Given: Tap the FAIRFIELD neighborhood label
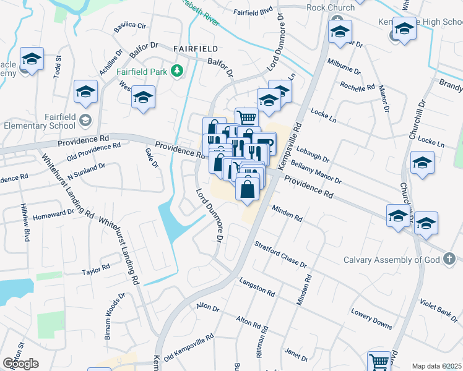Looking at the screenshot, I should [x=195, y=48].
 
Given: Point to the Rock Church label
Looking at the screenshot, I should [x=331, y=7].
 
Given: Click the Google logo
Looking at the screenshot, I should [x=20, y=364].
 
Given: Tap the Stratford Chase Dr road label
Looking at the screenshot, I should [x=280, y=255].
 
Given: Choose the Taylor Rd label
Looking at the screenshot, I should [x=96, y=270].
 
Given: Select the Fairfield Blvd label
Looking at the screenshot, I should [x=253, y=12].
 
